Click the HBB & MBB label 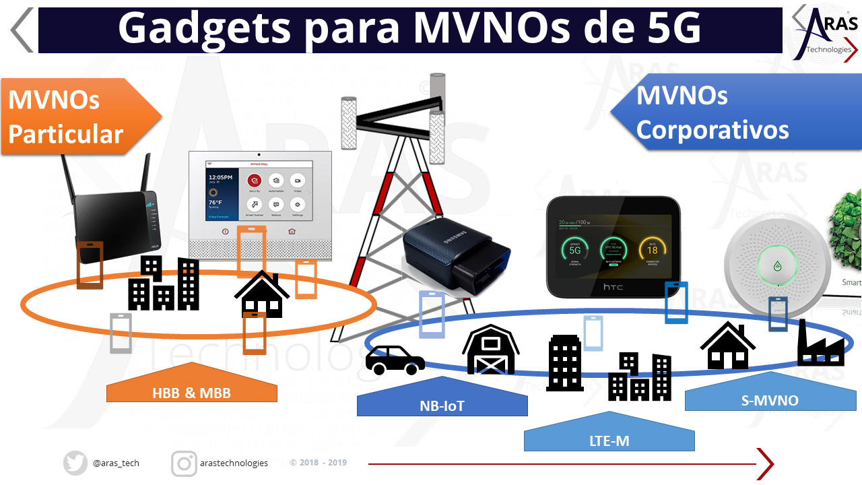coord(192,392)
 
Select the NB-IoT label coord(442,406)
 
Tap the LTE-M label coord(609,441)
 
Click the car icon coord(395,360)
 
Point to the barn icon coord(490,349)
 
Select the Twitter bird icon coord(75,463)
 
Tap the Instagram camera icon coord(184,463)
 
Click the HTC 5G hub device coord(614,247)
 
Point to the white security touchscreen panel coord(260,205)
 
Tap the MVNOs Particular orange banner coord(74,117)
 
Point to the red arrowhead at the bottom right coord(766,463)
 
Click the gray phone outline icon coord(121,333)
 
